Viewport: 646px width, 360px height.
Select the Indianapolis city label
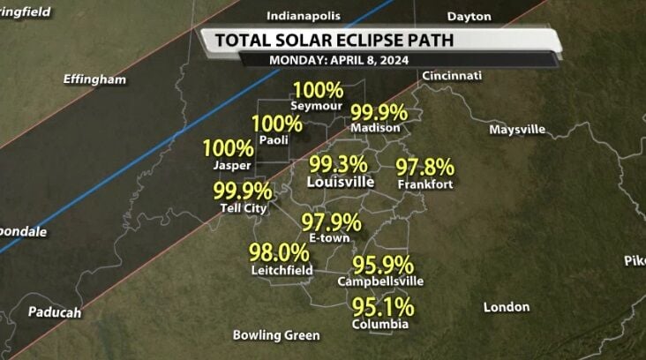[x=303, y=16]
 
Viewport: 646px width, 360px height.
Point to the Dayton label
[x=469, y=16]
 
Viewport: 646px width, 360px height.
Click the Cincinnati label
[x=452, y=76]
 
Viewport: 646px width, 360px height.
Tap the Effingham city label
[x=94, y=79]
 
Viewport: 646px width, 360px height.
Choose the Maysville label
[x=517, y=129]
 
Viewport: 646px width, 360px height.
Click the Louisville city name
[x=341, y=182]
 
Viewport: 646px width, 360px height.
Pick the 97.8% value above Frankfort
[x=424, y=167]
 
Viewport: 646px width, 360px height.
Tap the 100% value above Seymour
[x=318, y=89]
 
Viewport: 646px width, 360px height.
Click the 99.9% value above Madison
[x=379, y=112]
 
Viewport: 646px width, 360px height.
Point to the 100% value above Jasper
[x=229, y=148]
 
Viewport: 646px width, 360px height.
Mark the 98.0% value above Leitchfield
[x=279, y=252]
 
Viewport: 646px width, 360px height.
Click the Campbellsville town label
[x=380, y=281]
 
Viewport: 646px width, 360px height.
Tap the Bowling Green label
[x=276, y=335]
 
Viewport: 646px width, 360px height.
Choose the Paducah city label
[x=55, y=312]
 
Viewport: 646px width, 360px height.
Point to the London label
[x=507, y=307]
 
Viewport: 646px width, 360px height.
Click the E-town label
[x=330, y=238]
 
